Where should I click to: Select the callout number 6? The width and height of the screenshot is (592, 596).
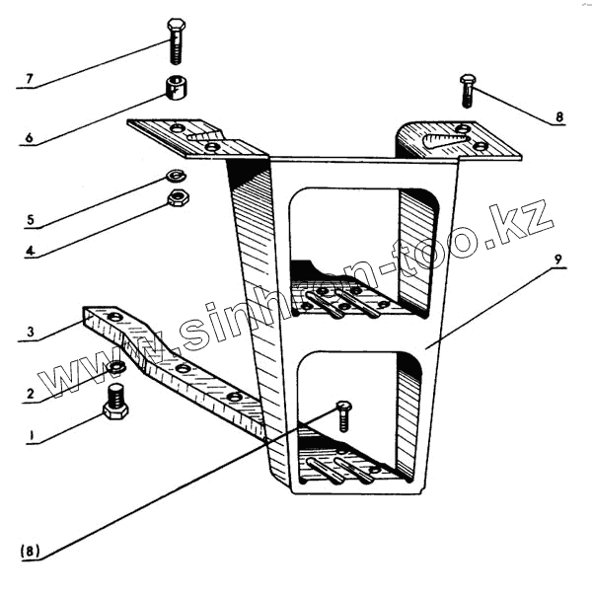(x=29, y=139)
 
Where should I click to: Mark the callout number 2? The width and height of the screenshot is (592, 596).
(x=29, y=395)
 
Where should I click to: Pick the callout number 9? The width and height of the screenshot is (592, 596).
(x=557, y=261)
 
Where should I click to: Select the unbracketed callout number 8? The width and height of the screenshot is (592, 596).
(x=558, y=116)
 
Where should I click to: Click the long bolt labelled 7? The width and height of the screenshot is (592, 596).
(x=175, y=40)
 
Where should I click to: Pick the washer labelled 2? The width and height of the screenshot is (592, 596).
(x=116, y=368)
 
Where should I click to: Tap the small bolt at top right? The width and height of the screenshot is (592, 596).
(x=468, y=89)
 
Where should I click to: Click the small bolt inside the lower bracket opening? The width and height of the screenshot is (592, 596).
(x=343, y=413)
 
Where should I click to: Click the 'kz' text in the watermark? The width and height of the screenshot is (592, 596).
(x=528, y=226)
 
